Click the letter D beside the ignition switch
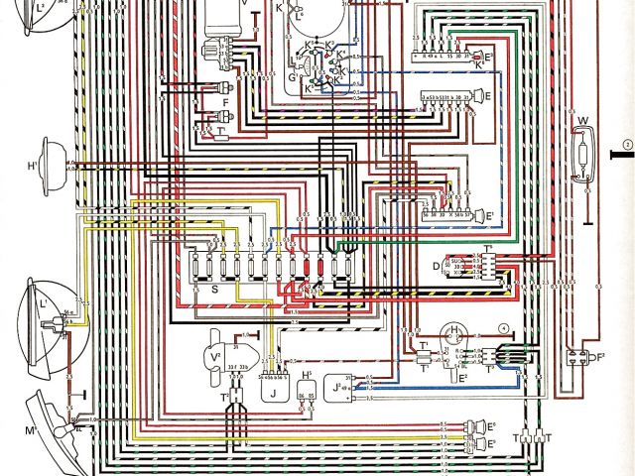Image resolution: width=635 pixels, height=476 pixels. [437, 268]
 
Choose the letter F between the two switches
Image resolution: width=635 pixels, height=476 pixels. [227, 103]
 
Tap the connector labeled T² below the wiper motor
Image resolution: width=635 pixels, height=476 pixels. [225, 397]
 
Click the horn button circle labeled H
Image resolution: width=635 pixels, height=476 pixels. [454, 331]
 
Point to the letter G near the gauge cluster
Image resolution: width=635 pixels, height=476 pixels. [292, 76]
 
